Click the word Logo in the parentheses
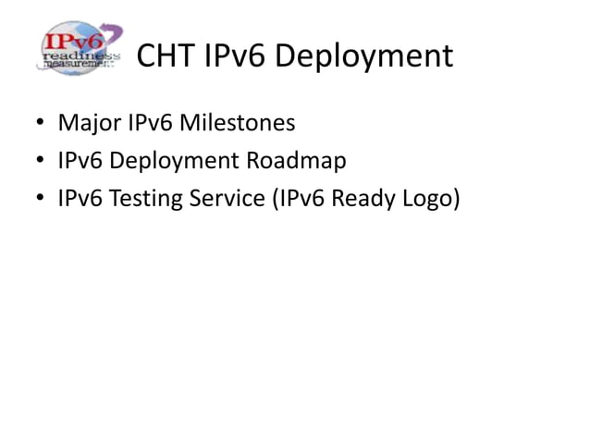click(x=430, y=200)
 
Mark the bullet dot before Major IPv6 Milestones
click(x=42, y=123)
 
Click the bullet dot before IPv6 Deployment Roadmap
click(x=42, y=162)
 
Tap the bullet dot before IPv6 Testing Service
click(x=42, y=200)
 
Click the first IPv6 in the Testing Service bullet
click(x=80, y=199)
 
